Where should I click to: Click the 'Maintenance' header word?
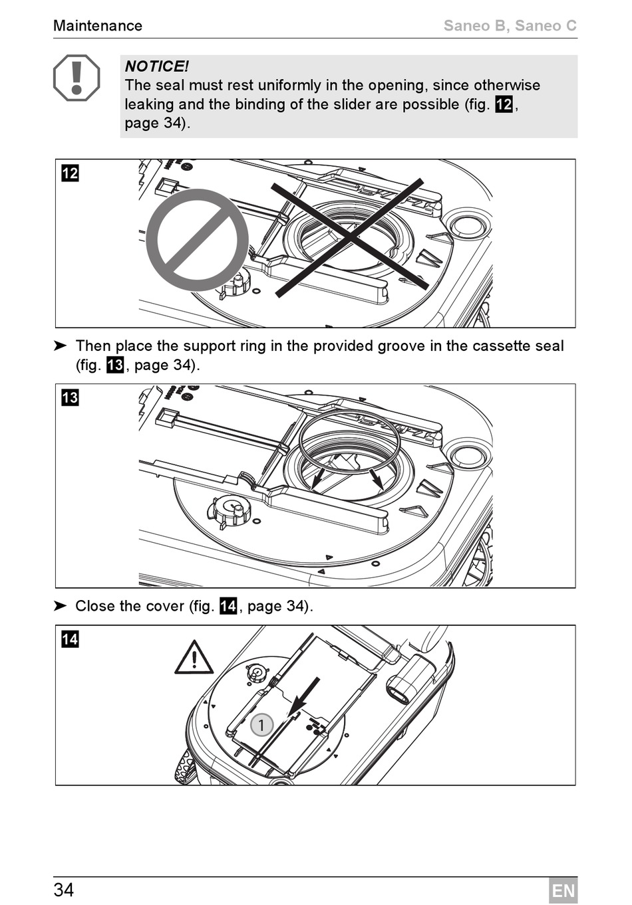[97, 26]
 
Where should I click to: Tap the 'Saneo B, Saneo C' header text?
[510, 26]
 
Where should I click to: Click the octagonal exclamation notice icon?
[77, 78]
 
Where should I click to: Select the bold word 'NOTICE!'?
[156, 66]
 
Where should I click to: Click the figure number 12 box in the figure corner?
[70, 173]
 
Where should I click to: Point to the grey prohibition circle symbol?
[197, 240]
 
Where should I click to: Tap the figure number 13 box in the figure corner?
[70, 397]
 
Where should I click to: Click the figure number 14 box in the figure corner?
[70, 639]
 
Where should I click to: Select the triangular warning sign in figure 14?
[194, 658]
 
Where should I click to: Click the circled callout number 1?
[262, 725]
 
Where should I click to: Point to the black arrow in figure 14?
[304, 698]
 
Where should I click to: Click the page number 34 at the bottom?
[64, 890]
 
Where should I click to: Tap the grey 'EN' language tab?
[563, 890]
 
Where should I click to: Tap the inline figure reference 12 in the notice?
[504, 104]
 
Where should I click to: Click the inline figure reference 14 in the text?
[228, 606]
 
